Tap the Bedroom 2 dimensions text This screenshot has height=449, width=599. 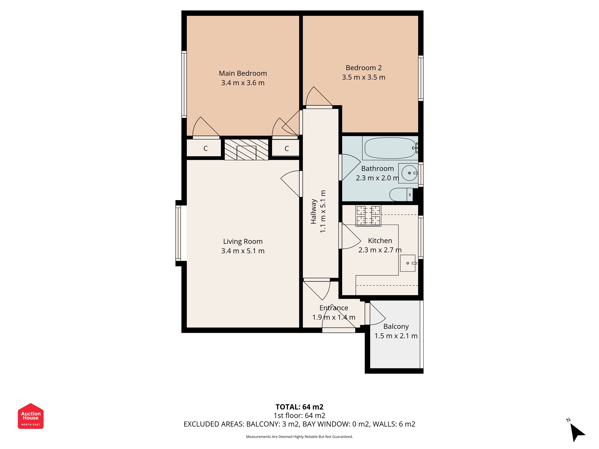point(363,77)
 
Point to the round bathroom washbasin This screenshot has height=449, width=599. point(409,173)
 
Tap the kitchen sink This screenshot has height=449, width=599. point(408,263)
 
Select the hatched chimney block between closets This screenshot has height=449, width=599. point(246,149)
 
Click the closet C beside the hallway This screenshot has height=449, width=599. point(286,148)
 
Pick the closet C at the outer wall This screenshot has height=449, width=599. point(206,148)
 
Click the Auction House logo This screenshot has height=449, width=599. point(31,416)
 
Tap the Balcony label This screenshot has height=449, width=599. point(396,327)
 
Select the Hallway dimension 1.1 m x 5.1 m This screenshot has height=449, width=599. point(323,211)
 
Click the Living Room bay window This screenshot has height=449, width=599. point(178,233)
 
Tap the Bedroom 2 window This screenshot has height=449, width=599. point(421,78)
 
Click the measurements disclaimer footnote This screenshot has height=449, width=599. point(299,437)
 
